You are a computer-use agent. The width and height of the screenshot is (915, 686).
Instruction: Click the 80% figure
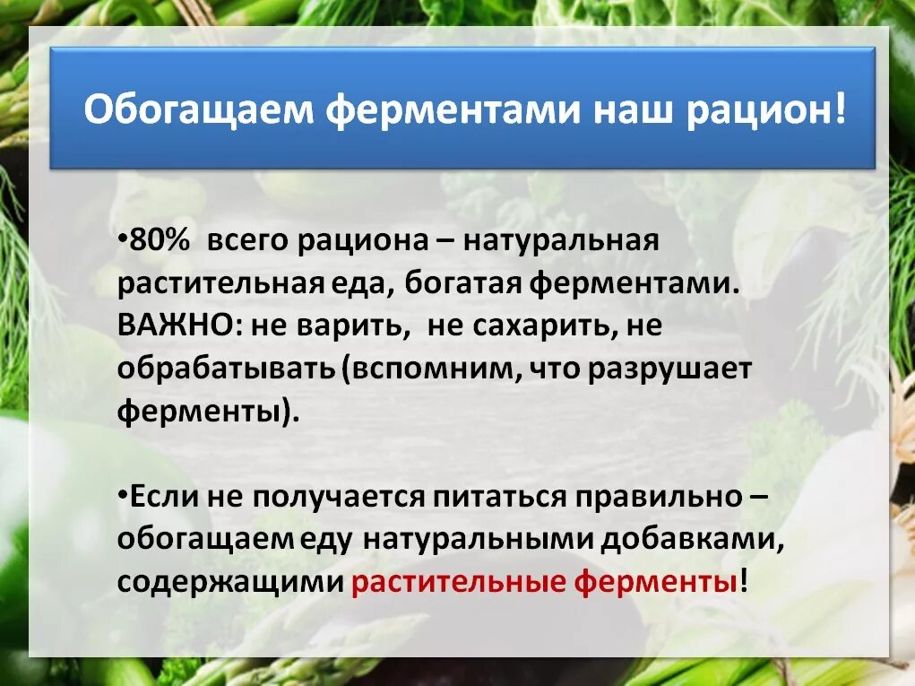(158, 241)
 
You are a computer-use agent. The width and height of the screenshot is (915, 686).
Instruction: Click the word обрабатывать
(226, 369)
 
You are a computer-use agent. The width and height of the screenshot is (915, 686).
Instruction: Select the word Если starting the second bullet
(164, 497)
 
